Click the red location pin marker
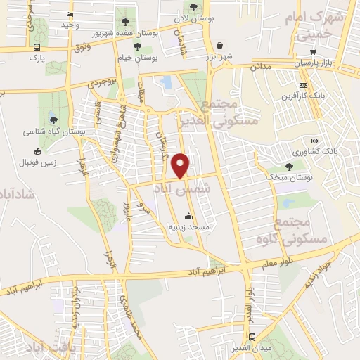coord(181,165)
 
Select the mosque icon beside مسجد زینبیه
coord(188,215)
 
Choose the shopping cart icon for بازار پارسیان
coord(312,52)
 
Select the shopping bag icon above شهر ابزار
coord(221,44)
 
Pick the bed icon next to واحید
coord(69,14)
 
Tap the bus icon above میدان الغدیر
coord(252,337)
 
